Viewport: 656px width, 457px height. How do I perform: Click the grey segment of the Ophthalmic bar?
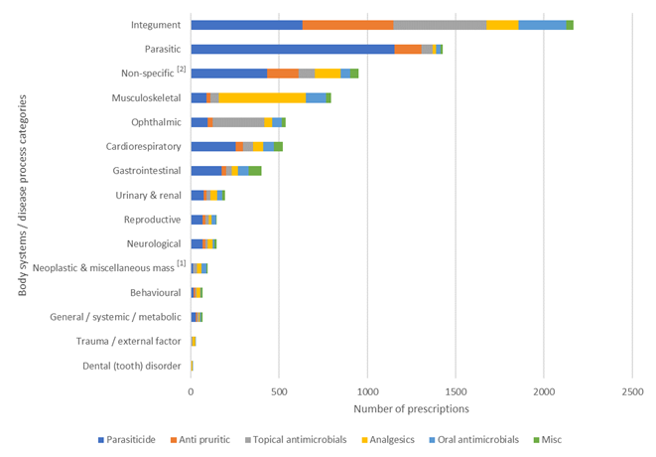tap(238, 121)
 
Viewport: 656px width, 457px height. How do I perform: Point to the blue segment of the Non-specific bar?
tap(229, 73)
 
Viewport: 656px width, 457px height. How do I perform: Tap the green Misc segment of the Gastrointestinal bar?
tap(255, 170)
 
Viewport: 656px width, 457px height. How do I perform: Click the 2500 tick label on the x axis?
tap(632, 390)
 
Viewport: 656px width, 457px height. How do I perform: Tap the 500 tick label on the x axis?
tap(279, 390)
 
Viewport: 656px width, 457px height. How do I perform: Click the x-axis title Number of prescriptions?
tap(411, 408)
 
